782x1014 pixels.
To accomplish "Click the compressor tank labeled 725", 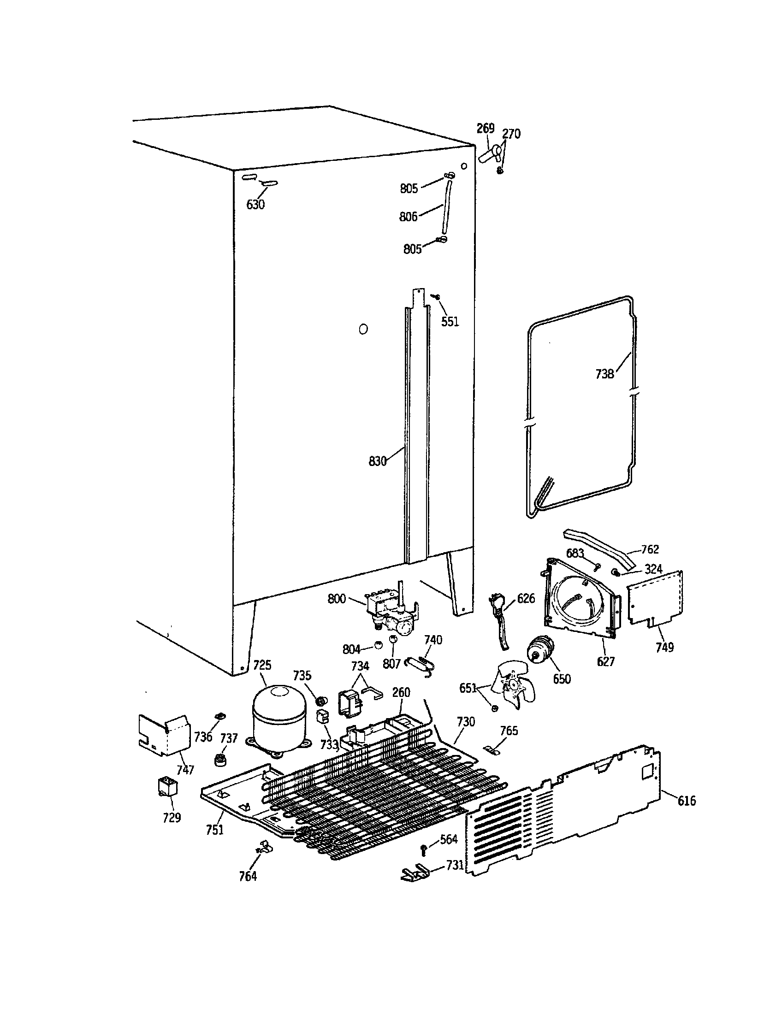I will [278, 723].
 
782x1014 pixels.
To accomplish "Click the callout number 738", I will [604, 374].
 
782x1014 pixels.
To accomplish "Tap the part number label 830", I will [377, 461].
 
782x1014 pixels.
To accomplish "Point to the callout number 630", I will [255, 204].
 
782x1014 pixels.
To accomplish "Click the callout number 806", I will [408, 216].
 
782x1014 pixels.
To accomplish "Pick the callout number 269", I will [485, 128].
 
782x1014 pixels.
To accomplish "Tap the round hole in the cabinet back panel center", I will [364, 329].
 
